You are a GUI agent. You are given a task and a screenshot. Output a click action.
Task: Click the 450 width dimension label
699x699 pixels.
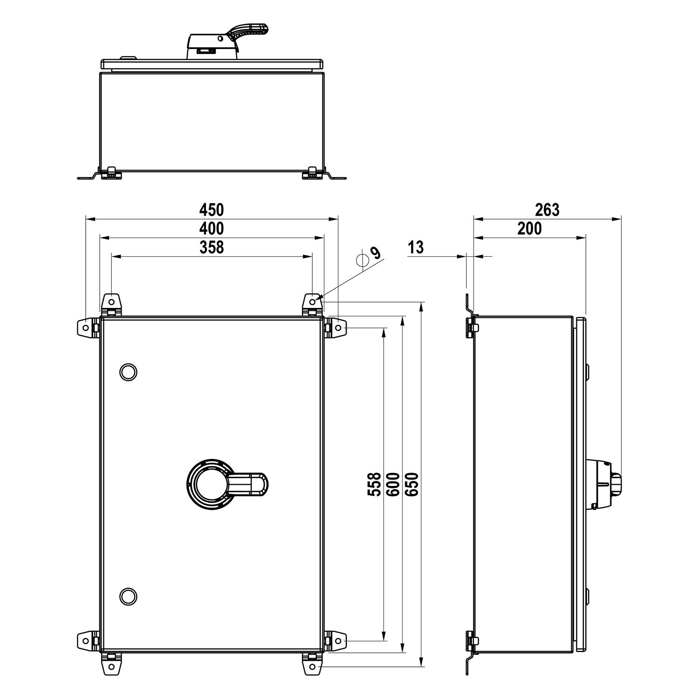pos(212,210)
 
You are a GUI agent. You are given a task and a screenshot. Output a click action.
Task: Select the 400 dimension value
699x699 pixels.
pos(212,228)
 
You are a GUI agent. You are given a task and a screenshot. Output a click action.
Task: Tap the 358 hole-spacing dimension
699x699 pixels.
pos(212,247)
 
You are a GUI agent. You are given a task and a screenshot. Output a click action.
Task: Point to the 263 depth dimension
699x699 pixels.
pos(547,210)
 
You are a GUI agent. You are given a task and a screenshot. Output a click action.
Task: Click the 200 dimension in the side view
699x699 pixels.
pos(530,228)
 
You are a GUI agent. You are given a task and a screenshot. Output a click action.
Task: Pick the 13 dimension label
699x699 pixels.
pos(416,247)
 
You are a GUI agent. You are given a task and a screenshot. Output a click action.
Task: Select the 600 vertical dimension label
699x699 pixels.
pos(393,484)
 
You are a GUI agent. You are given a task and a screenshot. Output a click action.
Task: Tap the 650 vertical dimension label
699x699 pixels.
pos(411,484)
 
